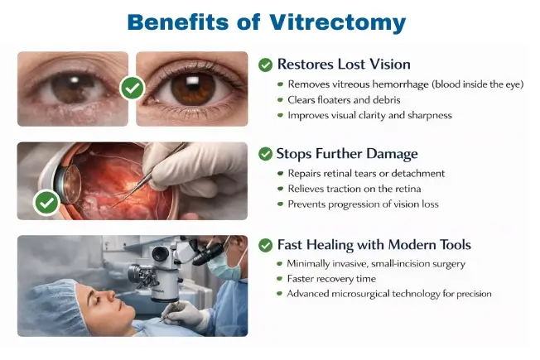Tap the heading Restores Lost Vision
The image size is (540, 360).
344,65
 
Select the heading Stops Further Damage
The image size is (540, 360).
347,154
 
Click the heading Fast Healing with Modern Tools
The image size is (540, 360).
374,245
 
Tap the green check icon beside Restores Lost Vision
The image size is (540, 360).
265,65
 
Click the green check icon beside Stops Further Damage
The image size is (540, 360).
265,154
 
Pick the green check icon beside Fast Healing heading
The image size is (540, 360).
265,245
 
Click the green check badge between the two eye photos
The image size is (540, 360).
132,87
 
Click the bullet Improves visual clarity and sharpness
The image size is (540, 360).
369,115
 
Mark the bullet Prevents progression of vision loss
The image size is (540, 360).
363,204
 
